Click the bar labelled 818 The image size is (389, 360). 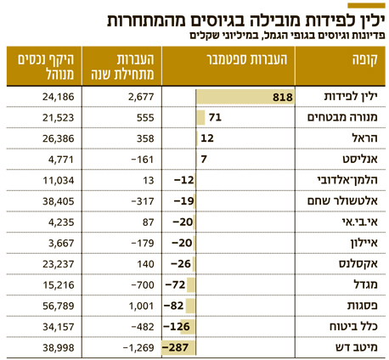pos(245,97)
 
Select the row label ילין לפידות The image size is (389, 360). pos(351,97)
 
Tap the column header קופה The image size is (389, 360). pos(365,60)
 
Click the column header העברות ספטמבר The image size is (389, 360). pos(247,59)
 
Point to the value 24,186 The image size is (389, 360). pos(59,97)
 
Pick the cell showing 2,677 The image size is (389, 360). pos(141,97)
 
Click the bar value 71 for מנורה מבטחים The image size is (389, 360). pos(215,117)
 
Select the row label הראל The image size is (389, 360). pos(365,138)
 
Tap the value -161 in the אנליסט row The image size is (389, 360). pos(143,160)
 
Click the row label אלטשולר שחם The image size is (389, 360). pos(342,201)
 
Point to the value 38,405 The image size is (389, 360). pos(59,201)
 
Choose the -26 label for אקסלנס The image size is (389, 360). pos(181,264)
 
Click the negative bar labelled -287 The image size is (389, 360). pos(178,347)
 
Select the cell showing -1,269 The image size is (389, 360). pos(138,348)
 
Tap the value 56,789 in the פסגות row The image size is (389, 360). pos(59,306)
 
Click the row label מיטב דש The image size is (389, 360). pos(357,347)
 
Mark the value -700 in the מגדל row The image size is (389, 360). pos(143,285)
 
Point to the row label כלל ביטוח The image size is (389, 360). pos(353,326)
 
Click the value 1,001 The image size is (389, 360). pos(141,306)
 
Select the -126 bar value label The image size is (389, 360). pos(177,327)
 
